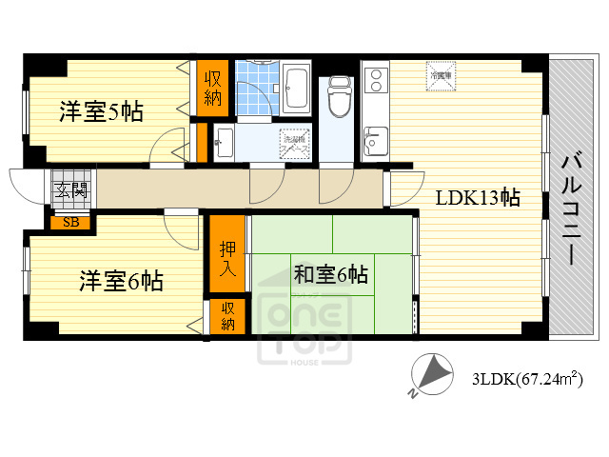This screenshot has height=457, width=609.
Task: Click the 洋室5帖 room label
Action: pos(103,111)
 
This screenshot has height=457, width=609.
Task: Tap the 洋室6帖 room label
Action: pos(120,281)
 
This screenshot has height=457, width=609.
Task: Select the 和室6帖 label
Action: pos(330,276)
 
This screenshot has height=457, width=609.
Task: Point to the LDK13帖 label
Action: pos(477,199)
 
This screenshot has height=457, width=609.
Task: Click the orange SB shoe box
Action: pos(70,223)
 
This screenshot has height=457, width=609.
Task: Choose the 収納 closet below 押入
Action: pos(228,316)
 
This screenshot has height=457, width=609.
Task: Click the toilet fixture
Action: pos(339,95)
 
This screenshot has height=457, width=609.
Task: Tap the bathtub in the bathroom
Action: pos(294,88)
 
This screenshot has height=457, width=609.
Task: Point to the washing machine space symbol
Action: pos(293,145)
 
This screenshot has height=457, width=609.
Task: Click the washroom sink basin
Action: pos(224,144)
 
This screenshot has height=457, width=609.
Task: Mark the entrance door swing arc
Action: pos(21,183)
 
